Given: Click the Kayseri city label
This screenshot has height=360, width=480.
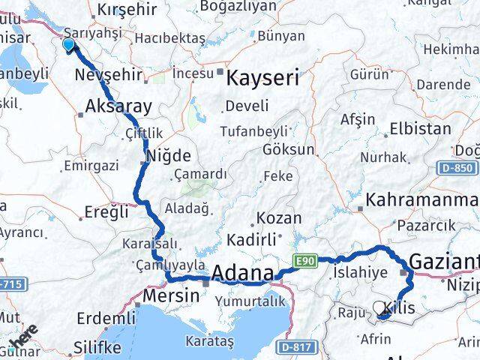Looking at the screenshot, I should point(262,77).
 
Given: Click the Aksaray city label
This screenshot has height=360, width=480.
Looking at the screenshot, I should point(118,106).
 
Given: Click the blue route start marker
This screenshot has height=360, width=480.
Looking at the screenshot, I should point(68,45).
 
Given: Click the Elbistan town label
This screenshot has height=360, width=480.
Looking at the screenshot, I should point(426,128).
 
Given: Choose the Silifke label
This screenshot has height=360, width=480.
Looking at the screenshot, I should point(97,349).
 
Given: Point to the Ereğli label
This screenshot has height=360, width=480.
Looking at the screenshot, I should point(103,211).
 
